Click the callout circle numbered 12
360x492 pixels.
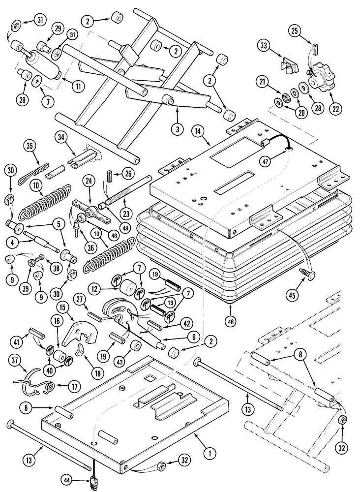click(94, 288)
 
